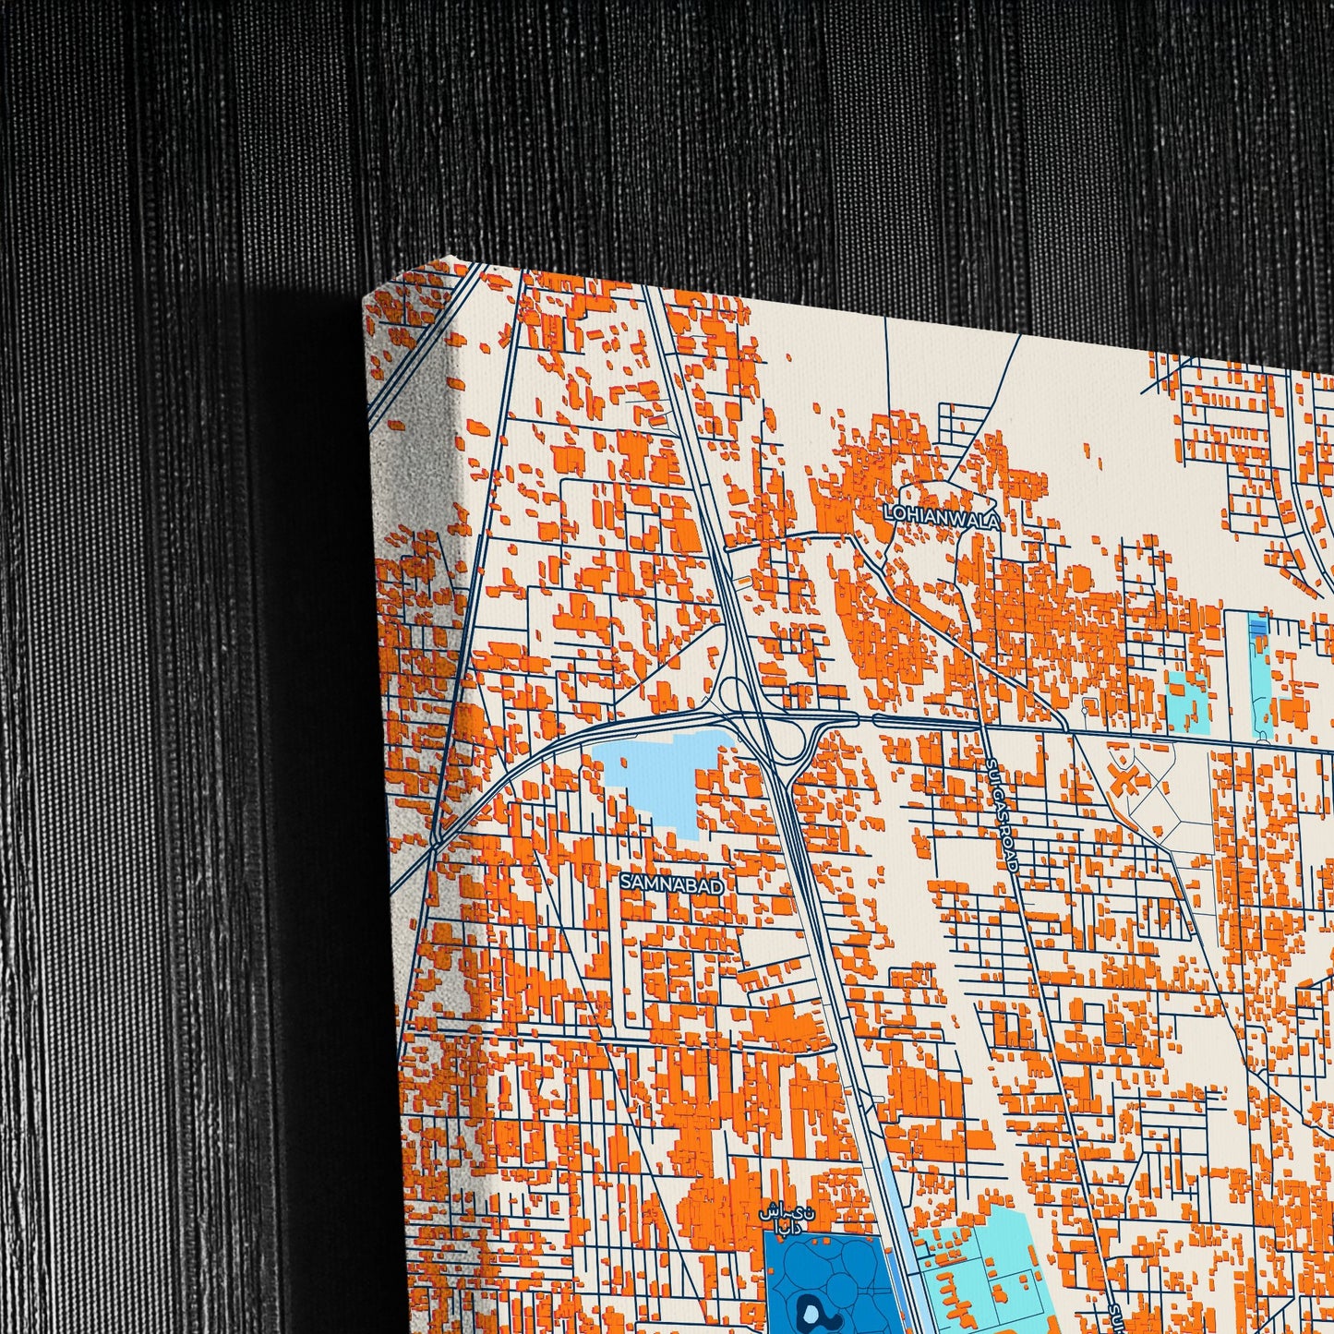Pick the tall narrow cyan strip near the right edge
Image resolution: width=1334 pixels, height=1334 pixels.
tap(1259, 683)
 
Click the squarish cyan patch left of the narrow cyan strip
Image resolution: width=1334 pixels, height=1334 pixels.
tap(1187, 703)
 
